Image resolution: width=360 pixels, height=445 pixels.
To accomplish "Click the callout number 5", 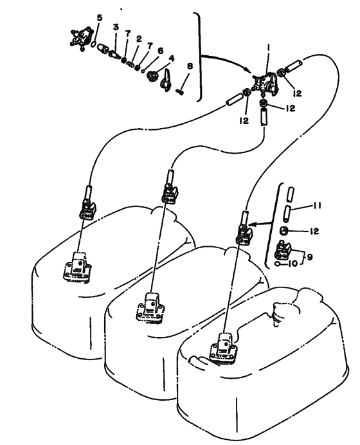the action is [x=99, y=18].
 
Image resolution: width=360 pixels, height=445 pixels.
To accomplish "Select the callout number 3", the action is [x=116, y=27].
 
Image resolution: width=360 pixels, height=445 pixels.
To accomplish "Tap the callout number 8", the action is [x=190, y=66].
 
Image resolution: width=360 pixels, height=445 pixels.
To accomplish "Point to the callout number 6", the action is [x=160, y=51].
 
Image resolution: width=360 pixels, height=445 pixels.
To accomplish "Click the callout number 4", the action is [x=172, y=59].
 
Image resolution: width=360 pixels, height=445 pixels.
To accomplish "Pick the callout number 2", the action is [x=139, y=39].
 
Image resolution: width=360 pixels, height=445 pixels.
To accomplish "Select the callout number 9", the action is [x=310, y=257].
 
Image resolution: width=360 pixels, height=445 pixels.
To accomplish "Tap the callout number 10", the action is [x=292, y=264].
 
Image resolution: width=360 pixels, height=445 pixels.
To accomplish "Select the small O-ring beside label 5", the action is [x=94, y=44].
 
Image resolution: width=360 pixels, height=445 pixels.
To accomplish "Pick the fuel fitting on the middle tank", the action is [x=150, y=308].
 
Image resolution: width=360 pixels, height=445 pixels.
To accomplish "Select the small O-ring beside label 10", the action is [x=278, y=264].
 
